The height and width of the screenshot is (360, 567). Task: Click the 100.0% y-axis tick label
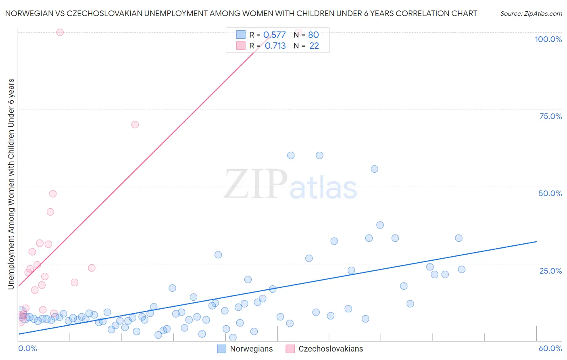[548, 39]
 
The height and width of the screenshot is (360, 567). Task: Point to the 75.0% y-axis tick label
[550, 116]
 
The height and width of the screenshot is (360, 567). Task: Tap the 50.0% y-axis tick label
[550, 193]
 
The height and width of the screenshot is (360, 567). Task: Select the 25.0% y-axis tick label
[550, 271]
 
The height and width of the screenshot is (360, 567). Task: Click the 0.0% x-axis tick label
[27, 348]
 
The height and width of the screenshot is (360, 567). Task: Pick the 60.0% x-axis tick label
[550, 348]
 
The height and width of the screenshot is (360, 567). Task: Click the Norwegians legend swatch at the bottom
[221, 349]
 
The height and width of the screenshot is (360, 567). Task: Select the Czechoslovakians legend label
[331, 349]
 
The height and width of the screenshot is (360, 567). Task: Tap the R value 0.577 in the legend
[275, 35]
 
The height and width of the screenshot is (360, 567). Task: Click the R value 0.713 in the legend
[275, 46]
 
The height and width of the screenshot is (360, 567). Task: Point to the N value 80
[313, 35]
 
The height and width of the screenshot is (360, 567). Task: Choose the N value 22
[314, 46]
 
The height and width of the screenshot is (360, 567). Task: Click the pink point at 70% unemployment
[135, 125]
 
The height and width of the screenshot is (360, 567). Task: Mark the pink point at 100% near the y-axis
[60, 32]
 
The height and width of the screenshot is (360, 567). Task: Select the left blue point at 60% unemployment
[291, 155]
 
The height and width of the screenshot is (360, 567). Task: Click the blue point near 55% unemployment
[375, 169]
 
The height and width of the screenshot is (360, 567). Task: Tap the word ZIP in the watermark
[256, 184]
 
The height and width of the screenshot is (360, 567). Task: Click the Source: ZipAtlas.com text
[531, 14]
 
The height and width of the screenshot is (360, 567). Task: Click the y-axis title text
[11, 184]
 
